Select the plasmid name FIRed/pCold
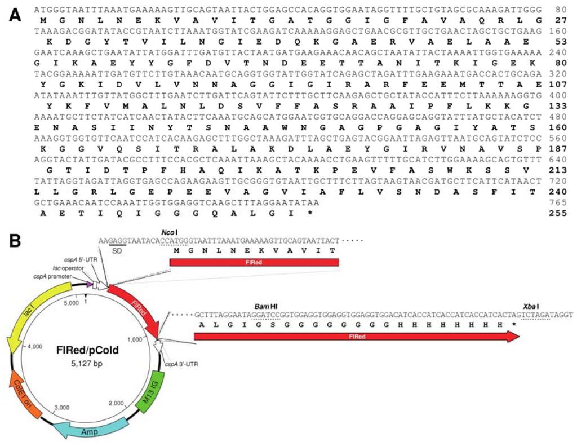point(85,350)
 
